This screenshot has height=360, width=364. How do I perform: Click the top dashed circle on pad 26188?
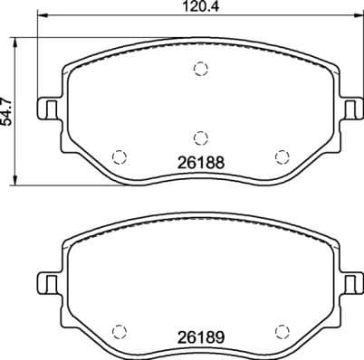(200, 70)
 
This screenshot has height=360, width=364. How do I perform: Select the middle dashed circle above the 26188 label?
(200, 137)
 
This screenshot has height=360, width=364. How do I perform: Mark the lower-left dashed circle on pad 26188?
(117, 155)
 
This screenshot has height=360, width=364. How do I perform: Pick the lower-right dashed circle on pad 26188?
(282, 155)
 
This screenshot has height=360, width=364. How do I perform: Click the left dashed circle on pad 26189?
(117, 329)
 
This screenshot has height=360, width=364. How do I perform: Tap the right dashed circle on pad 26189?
(282, 329)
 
